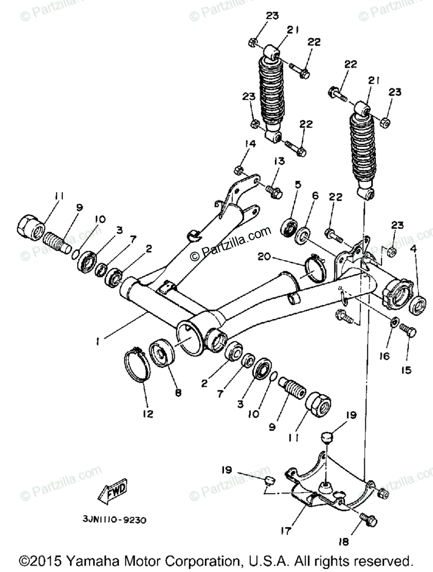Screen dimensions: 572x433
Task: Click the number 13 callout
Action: (x=279, y=162)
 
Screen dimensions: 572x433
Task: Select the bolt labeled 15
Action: (x=408, y=330)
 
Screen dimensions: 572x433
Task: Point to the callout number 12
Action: (x=148, y=413)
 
